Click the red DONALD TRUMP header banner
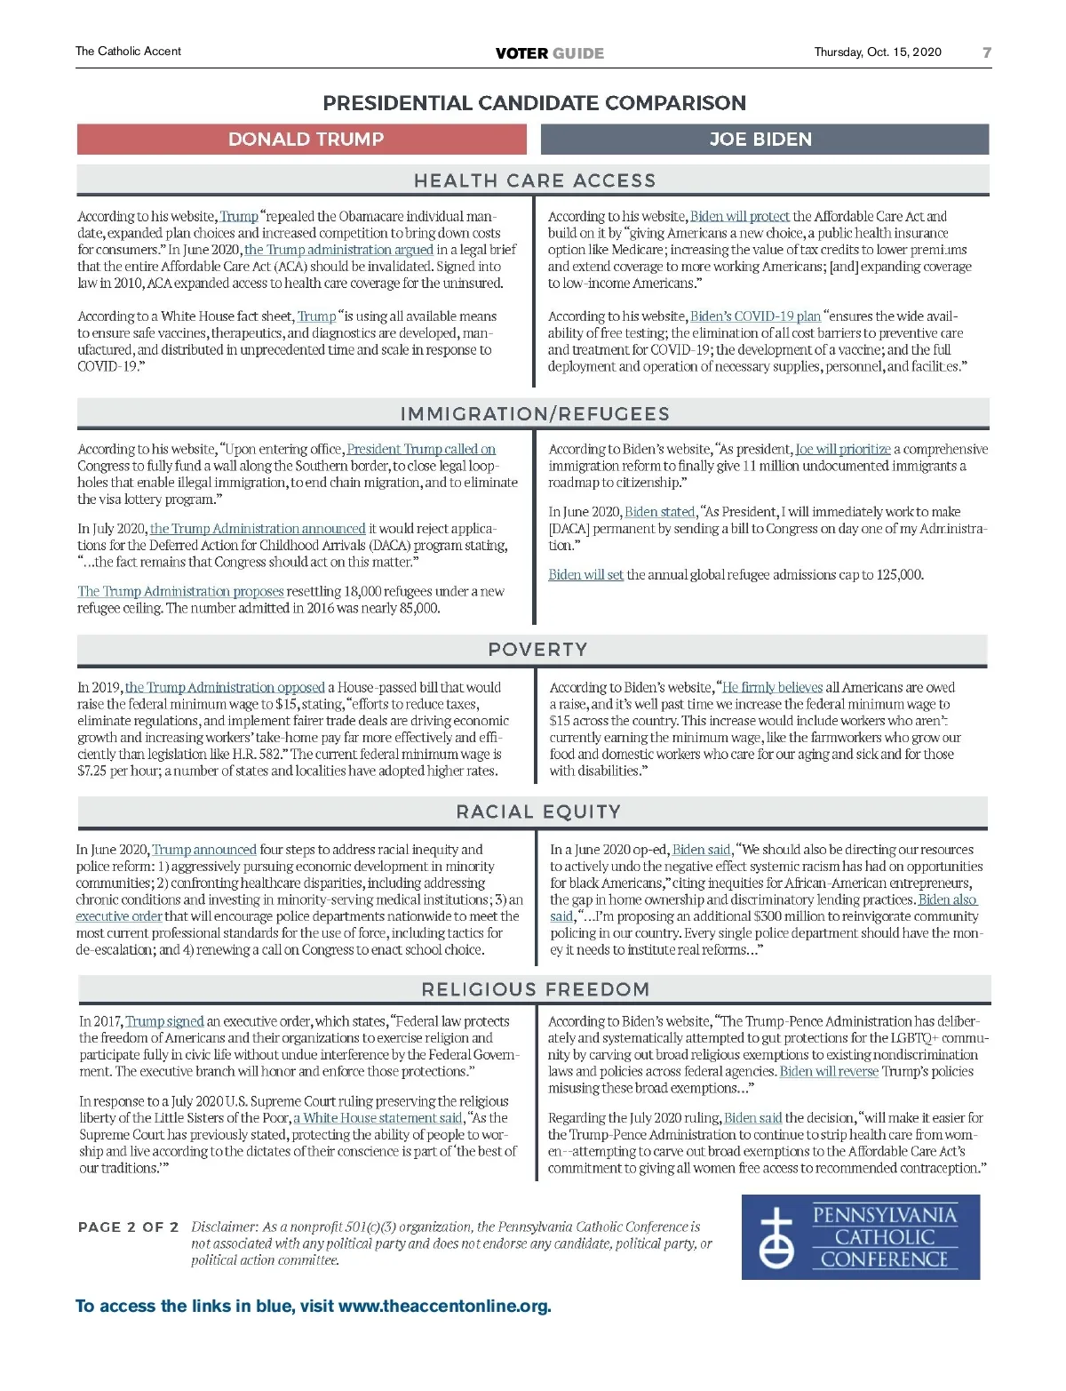pyautogui.click(x=305, y=140)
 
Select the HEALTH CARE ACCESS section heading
pyautogui.click(x=534, y=181)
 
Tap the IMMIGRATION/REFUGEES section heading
pyautogui.click(x=535, y=414)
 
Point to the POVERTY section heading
pyautogui.click(x=537, y=650)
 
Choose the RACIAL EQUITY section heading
pyautogui.click(x=538, y=811)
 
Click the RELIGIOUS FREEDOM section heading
pyautogui.click(x=536, y=989)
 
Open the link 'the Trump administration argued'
pyautogui.click(x=338, y=250)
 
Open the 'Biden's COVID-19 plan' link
pyautogui.click(x=755, y=316)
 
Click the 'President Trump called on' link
pyautogui.click(x=421, y=450)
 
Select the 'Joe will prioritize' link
pyautogui.click(x=842, y=450)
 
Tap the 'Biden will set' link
pyautogui.click(x=585, y=575)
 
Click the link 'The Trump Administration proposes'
pyautogui.click(x=180, y=592)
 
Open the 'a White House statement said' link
pyautogui.click(x=378, y=1118)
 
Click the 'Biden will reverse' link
pyautogui.click(x=829, y=1072)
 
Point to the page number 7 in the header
pyautogui.click(x=986, y=52)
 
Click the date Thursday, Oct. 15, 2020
pyautogui.click(x=878, y=52)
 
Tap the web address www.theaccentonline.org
pyautogui.click(x=444, y=1307)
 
